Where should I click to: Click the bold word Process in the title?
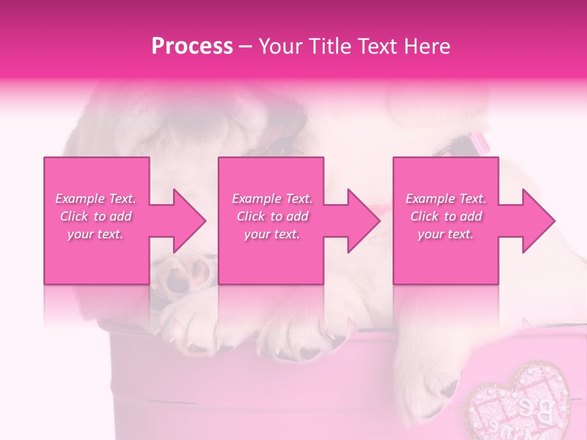click(x=192, y=46)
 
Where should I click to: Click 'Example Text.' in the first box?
click(x=96, y=199)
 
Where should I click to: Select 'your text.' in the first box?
click(x=96, y=234)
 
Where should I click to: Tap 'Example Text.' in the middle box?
click(x=272, y=199)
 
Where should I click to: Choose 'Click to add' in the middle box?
click(x=272, y=216)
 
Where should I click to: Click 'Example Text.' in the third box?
click(x=446, y=199)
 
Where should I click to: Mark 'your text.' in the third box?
click(x=446, y=234)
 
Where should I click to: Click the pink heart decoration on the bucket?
click(x=517, y=403)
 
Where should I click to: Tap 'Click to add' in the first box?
click(x=96, y=216)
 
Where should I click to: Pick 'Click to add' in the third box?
click(x=446, y=216)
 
